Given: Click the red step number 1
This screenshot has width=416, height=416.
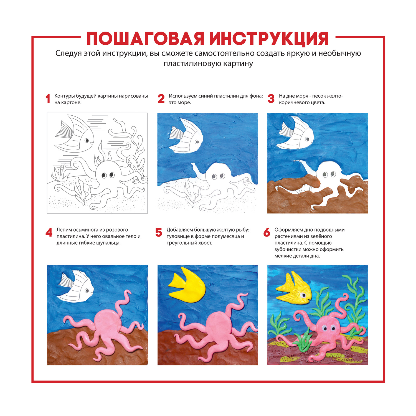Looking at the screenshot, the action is [x=48, y=99].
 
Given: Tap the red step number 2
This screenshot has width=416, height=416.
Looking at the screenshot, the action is [x=161, y=99].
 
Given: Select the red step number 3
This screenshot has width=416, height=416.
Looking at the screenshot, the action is [x=271, y=99].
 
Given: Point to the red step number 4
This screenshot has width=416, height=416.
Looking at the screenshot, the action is [x=49, y=232].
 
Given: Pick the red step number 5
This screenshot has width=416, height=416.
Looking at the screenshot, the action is [x=159, y=232].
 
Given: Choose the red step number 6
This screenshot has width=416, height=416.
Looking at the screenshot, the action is [x=267, y=232].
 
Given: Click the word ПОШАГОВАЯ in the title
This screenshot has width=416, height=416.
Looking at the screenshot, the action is [x=146, y=39].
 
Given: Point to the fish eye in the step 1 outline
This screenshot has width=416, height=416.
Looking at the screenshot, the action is [x=87, y=141].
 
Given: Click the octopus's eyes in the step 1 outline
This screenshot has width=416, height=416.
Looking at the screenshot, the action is [x=108, y=175].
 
